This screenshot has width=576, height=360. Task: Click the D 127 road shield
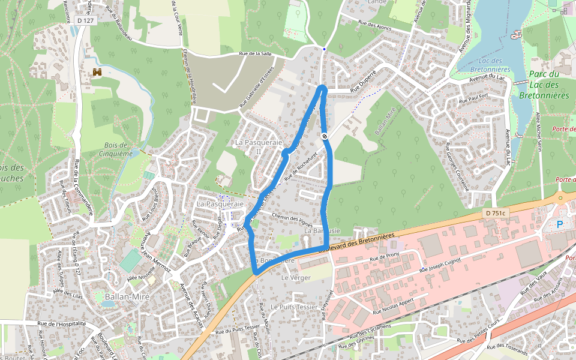pos(86,20)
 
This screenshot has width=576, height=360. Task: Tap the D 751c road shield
pos(496,213)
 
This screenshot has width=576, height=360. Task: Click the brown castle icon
pos(97,72)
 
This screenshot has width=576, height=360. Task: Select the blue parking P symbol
pos(560,224)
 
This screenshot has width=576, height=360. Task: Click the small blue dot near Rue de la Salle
pos(324,49)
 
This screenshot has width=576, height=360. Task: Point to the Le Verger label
pos(294,278)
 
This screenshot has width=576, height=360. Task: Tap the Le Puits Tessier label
pos(294,307)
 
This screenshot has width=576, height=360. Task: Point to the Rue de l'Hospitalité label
pos(62,323)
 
